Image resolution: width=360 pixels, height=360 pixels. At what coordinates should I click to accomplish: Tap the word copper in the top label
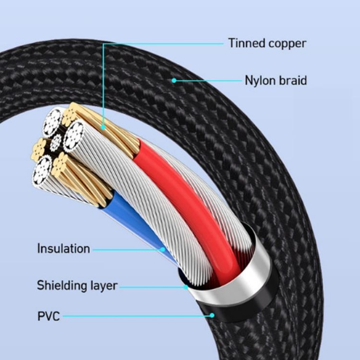tap(287, 44)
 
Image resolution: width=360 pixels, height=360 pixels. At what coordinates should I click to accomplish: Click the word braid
tap(292, 81)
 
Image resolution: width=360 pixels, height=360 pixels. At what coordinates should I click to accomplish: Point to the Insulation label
tap(64, 249)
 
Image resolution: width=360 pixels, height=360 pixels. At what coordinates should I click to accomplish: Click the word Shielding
tap(62, 285)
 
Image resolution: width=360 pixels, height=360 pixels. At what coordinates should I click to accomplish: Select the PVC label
tap(49, 316)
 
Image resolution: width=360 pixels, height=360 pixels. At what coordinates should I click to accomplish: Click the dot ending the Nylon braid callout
tap(174, 81)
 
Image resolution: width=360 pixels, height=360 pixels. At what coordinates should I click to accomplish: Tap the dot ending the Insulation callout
tap(162, 249)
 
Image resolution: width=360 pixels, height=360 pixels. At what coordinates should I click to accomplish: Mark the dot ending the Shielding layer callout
tap(186, 287)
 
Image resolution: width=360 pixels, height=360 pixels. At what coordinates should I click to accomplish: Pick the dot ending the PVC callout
tap(212, 315)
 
